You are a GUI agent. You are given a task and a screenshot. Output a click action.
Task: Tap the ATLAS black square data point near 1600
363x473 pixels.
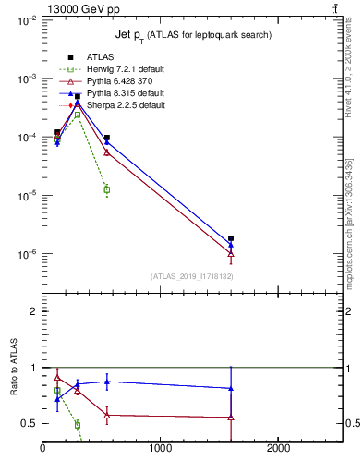pos(231,238)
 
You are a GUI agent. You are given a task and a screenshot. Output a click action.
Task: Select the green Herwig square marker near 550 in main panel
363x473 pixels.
pos(107,190)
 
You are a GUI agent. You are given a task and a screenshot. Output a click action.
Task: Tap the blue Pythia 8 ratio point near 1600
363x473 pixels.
pos(231,389)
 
